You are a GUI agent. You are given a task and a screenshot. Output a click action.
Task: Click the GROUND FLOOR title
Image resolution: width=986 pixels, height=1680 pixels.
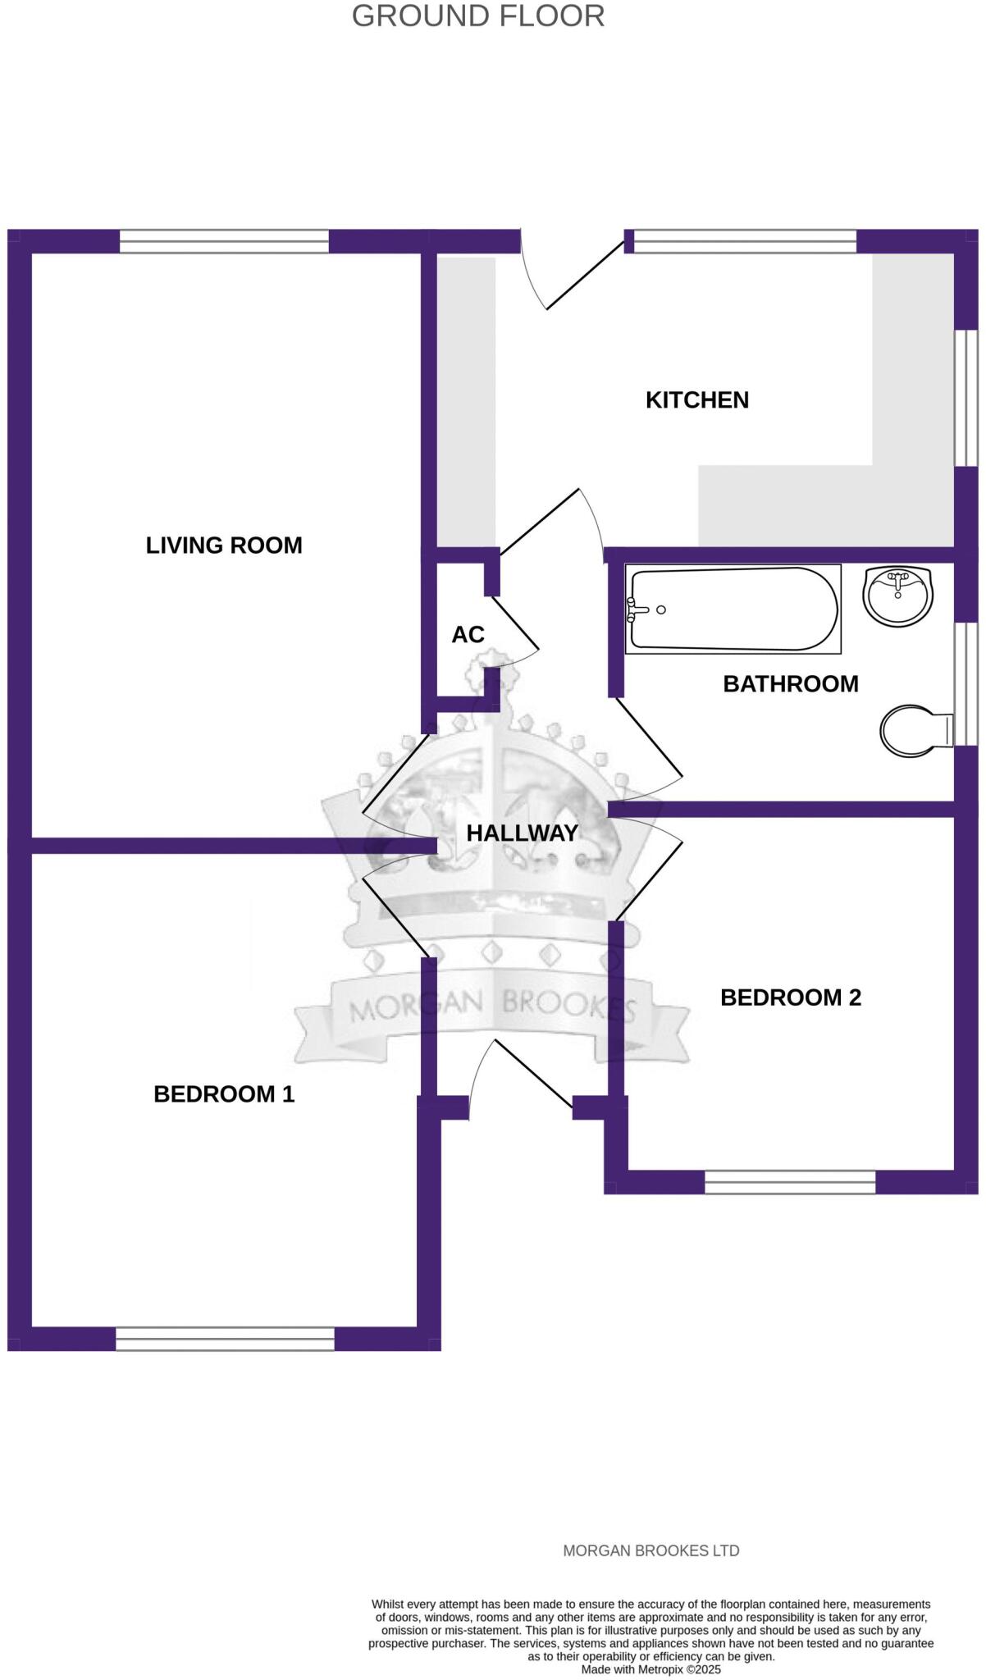click(478, 16)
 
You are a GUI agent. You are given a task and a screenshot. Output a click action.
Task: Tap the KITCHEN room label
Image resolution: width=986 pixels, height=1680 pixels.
click(696, 400)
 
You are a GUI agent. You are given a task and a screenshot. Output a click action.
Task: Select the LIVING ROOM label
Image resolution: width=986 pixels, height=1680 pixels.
click(224, 546)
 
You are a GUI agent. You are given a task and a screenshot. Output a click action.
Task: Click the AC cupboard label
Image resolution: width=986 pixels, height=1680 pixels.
click(468, 634)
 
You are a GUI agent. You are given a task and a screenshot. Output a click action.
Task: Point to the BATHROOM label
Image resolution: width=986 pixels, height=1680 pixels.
click(790, 683)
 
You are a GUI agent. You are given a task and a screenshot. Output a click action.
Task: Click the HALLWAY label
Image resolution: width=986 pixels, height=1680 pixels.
click(523, 833)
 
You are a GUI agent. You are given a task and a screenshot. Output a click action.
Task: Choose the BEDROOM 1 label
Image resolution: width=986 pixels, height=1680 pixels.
click(224, 1093)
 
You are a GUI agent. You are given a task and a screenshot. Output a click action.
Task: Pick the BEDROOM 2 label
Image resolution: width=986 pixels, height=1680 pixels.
click(790, 997)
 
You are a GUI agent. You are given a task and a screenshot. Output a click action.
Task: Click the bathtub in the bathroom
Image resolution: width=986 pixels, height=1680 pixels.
click(733, 609)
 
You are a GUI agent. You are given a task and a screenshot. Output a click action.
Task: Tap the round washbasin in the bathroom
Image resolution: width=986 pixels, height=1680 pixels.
click(898, 595)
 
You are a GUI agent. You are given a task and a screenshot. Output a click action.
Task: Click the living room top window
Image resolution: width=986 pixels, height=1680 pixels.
click(224, 241)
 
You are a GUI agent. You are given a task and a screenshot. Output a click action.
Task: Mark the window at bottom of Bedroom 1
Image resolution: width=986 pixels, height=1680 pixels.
click(225, 1339)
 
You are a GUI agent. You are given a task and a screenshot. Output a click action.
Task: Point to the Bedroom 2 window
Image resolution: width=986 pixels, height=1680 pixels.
click(790, 1181)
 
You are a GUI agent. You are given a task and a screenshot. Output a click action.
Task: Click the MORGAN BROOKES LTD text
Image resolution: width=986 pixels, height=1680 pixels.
click(650, 1550)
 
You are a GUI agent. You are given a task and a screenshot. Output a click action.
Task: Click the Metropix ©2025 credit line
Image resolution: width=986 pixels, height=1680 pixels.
click(650, 1669)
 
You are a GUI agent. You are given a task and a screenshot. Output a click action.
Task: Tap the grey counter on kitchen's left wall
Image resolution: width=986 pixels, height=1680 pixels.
click(466, 402)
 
